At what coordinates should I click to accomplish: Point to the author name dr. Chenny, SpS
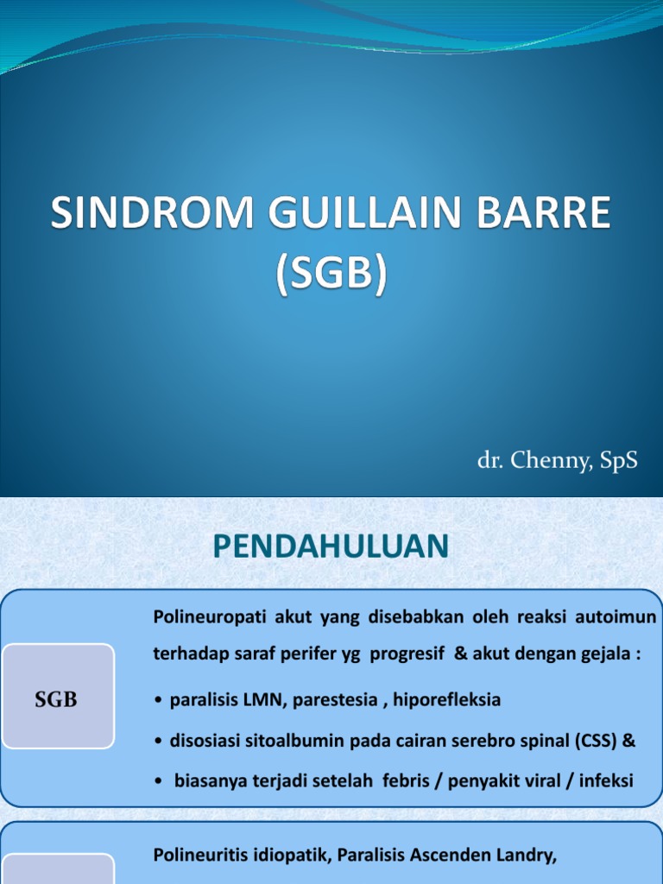click(557, 461)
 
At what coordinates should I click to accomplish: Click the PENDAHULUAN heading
click(331, 546)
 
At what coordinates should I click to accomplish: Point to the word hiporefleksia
click(446, 700)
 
